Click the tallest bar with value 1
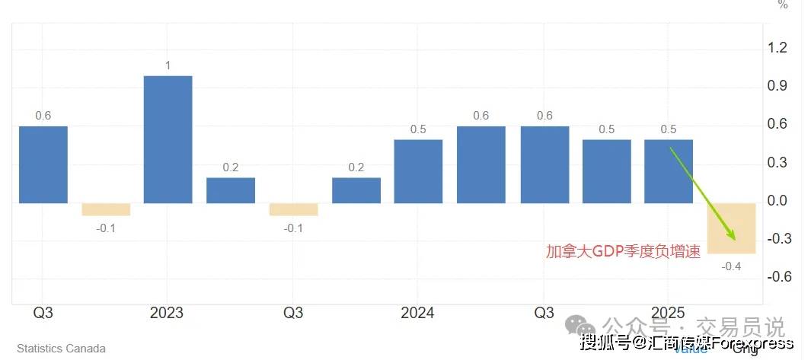168,139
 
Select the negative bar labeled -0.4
731,228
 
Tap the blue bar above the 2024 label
417,171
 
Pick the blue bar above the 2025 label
668,171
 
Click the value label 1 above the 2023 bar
168,65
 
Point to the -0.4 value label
731,266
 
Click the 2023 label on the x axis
167,313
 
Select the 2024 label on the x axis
417,313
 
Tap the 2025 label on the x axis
668,313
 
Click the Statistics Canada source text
61,349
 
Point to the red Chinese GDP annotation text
623,252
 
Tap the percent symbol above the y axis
783,5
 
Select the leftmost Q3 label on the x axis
43,313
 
